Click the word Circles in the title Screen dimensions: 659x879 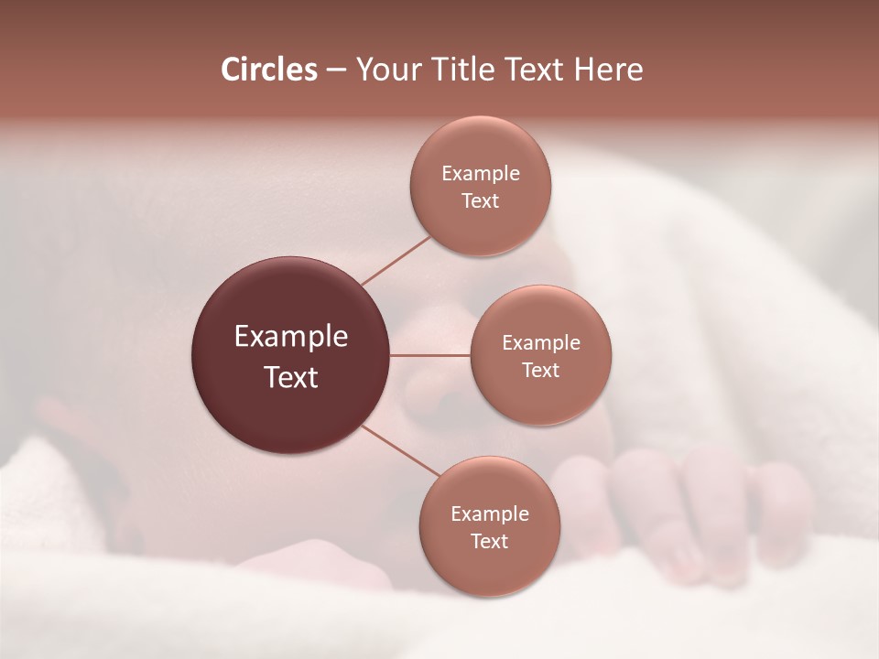click(x=269, y=70)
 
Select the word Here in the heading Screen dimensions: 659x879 click(x=609, y=70)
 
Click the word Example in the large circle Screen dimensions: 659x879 click(x=291, y=337)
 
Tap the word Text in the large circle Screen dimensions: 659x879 click(x=291, y=377)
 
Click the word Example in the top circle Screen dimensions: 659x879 click(x=481, y=174)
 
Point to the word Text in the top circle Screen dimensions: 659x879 click(x=481, y=201)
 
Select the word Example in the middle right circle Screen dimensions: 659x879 click(x=541, y=343)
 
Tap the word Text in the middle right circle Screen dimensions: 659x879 click(x=541, y=371)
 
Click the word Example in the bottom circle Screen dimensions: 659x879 click(x=490, y=514)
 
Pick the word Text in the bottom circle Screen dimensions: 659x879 click(x=490, y=542)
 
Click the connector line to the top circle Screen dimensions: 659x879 click(x=396, y=260)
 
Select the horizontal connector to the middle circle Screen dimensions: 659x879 click(x=430, y=355)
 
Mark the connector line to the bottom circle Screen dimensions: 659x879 click(x=401, y=450)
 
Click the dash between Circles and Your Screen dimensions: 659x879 click(x=336, y=70)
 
